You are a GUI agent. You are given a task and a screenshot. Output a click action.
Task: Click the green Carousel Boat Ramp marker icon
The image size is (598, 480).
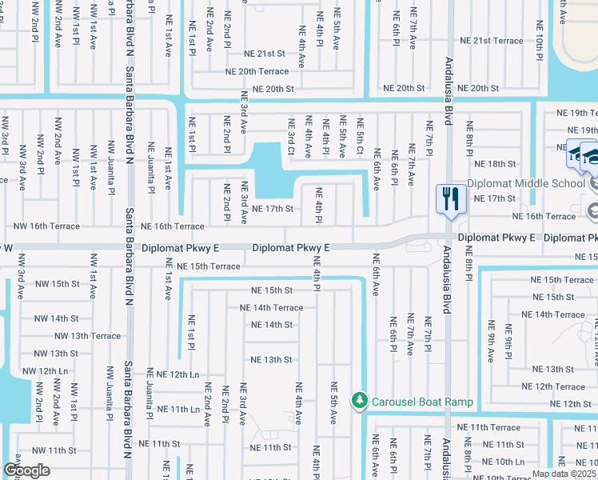point(361,398)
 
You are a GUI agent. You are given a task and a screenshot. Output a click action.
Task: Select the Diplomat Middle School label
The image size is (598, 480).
point(526,183)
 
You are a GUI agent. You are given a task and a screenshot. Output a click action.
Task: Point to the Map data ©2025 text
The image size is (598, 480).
point(564,474)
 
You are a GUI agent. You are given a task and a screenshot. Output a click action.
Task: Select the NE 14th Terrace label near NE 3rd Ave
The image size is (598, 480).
point(272,307)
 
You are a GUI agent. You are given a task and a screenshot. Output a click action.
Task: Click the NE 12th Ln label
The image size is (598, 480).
point(177,374)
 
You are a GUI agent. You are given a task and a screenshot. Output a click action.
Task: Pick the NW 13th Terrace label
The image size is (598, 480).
point(94,336)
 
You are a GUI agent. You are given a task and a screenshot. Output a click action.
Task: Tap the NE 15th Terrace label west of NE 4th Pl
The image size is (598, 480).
point(208,266)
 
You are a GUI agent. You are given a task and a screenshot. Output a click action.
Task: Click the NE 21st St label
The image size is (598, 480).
point(265,54)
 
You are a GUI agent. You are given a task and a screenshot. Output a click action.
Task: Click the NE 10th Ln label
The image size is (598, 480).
point(503,462)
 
